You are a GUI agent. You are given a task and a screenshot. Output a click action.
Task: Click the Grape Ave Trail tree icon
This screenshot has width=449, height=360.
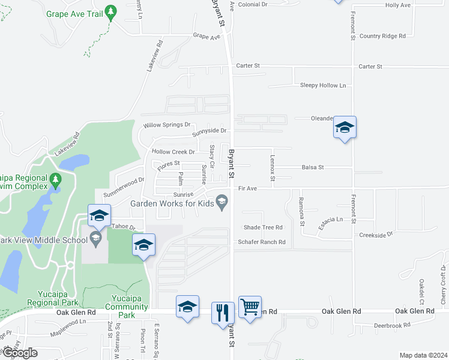click(110, 11)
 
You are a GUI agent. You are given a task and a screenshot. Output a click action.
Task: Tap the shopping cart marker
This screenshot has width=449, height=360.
click(250, 307)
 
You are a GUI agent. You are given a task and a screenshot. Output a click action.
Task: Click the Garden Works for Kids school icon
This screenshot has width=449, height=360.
click(222, 202)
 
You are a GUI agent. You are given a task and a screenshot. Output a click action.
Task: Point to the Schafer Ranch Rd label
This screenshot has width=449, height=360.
click(261, 242)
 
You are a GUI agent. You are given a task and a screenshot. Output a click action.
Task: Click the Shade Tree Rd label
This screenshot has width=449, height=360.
click(262, 227)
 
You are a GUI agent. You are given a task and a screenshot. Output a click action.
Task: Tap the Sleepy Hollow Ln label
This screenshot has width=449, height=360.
click(323, 86)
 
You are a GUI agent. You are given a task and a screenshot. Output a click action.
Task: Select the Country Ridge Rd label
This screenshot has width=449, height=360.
click(382, 36)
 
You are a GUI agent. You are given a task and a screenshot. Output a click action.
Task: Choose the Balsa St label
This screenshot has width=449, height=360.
click(313, 167)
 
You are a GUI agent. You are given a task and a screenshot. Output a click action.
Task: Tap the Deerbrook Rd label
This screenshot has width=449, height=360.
click(391, 325)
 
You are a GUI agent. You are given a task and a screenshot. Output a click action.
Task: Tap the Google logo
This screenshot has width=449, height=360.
click(20, 353)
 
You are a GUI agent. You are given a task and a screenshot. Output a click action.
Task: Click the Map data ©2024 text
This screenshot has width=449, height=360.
click(423, 355)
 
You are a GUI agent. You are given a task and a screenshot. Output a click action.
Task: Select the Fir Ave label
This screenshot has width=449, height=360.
click(247, 188)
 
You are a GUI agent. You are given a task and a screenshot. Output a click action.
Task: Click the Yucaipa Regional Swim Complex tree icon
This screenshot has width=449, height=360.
click(56, 179)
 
